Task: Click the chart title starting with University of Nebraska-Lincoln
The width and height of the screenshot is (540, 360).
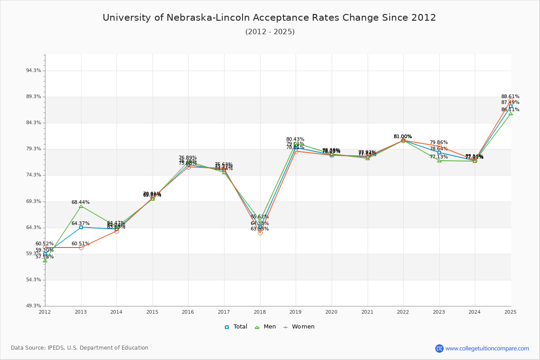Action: pos(269,18)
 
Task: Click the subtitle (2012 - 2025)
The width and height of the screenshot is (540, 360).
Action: pos(270,32)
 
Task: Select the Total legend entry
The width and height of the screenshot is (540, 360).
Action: pos(236,327)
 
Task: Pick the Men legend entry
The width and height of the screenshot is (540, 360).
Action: pos(265,327)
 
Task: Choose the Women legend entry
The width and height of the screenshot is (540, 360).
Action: pos(298,327)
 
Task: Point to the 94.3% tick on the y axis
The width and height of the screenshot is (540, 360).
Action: pos(34,71)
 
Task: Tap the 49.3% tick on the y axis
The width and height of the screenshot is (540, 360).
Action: pos(34,306)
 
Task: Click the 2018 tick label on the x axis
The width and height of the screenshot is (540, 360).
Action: pos(260,311)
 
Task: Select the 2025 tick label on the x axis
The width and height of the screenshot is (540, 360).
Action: pos(510,311)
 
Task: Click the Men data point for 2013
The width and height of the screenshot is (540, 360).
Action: pos(81,206)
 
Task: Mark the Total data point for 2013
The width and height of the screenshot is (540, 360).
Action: pos(81,227)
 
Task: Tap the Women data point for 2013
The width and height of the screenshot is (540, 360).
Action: pos(81,247)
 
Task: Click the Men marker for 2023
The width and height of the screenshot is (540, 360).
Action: pos(439,161)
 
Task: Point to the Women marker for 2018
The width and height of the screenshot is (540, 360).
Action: pos(260,233)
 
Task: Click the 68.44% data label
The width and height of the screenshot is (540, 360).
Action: pos(81,202)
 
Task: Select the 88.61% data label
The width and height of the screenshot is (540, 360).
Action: pos(510,96)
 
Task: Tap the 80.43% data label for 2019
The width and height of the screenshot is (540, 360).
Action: pos(295,139)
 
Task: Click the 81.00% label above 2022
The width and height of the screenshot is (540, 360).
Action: pos(403,136)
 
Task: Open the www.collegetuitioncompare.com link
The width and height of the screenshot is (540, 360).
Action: pos(487,348)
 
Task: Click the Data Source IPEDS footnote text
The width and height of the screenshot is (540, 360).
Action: pos(80,348)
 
